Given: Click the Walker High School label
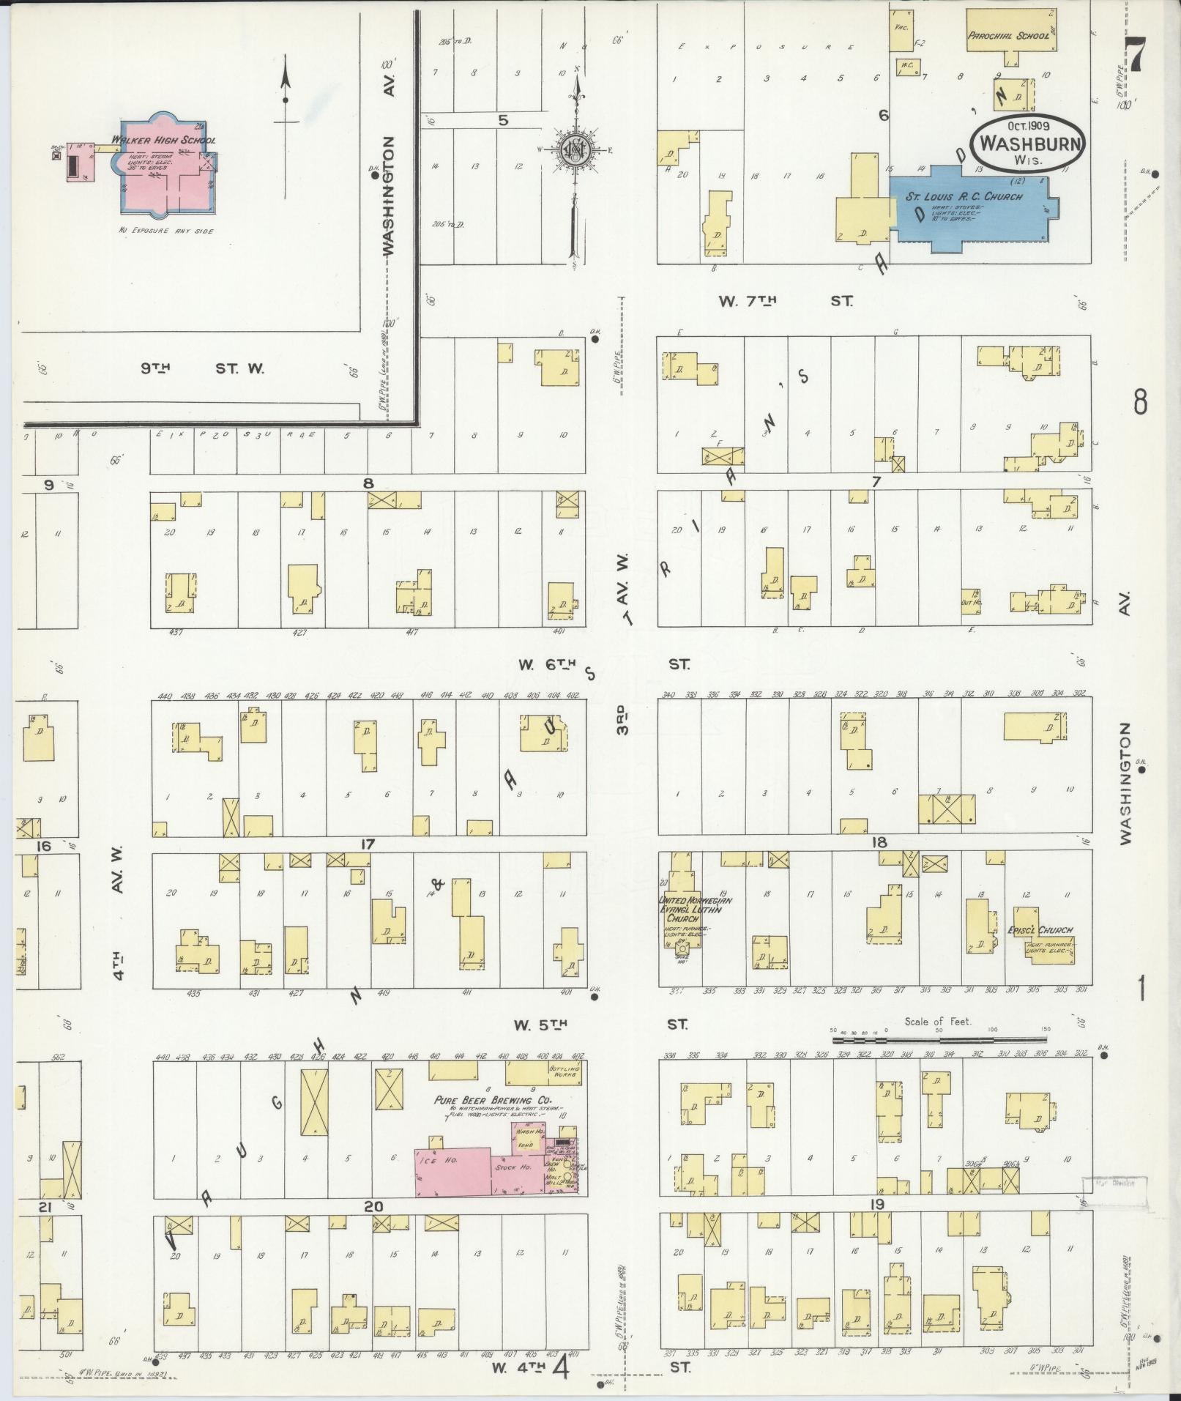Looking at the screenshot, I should coord(163,140).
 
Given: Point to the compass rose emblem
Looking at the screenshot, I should coord(573,149).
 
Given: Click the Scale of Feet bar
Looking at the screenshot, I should coord(939,1038).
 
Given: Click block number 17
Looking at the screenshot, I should coord(367,844).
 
